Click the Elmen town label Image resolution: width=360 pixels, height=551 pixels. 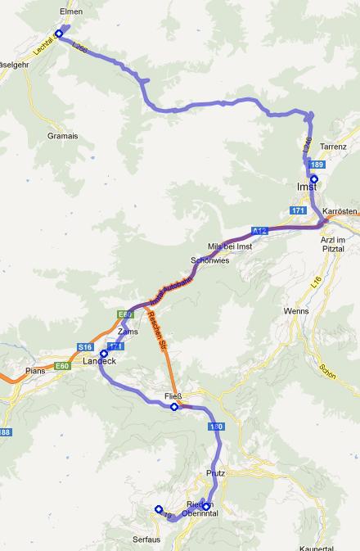pyautogui.click(x=72, y=12)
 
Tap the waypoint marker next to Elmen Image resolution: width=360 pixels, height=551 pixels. pyautogui.click(x=59, y=34)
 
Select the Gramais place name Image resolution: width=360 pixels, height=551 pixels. pyautogui.click(x=62, y=136)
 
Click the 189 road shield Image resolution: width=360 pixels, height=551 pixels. pyautogui.click(x=317, y=165)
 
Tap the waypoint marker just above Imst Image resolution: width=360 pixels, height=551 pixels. pyautogui.click(x=314, y=178)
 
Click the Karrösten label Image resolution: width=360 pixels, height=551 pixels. pyautogui.click(x=339, y=211)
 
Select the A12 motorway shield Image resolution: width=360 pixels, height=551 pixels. pyautogui.click(x=259, y=231)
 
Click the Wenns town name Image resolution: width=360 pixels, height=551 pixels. pyautogui.click(x=295, y=312)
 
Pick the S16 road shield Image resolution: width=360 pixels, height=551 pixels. pyautogui.click(x=86, y=347)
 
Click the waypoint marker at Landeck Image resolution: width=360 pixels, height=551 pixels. pyautogui.click(x=104, y=354)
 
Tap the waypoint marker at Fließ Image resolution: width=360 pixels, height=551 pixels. pyautogui.click(x=174, y=406)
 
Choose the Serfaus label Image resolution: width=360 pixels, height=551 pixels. pyautogui.click(x=145, y=541)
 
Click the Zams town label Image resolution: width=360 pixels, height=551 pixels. pyautogui.click(x=128, y=332)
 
